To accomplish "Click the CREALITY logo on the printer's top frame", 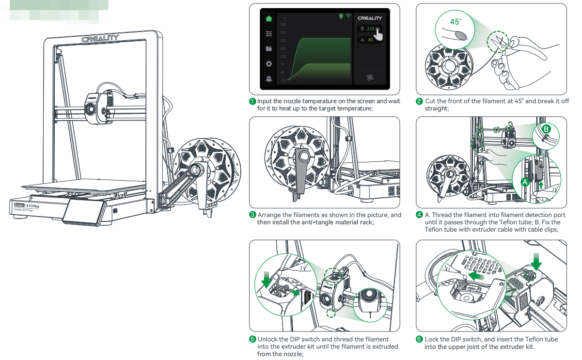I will tap(100, 39).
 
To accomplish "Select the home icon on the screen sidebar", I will tap(269, 19).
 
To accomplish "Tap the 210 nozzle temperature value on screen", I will tap(370, 29).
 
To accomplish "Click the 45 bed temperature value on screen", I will tap(370, 40).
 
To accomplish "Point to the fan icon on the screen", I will tap(370, 77).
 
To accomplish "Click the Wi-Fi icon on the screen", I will tap(348, 16).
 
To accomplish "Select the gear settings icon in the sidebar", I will tap(269, 63).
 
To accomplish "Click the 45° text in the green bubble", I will tap(456, 22).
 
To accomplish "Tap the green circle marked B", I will tap(546, 129).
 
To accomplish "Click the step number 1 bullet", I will tap(252, 101).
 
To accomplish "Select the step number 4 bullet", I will tap(419, 215).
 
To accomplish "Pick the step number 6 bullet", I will tap(419, 339).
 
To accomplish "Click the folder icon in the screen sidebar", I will tap(269, 48).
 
